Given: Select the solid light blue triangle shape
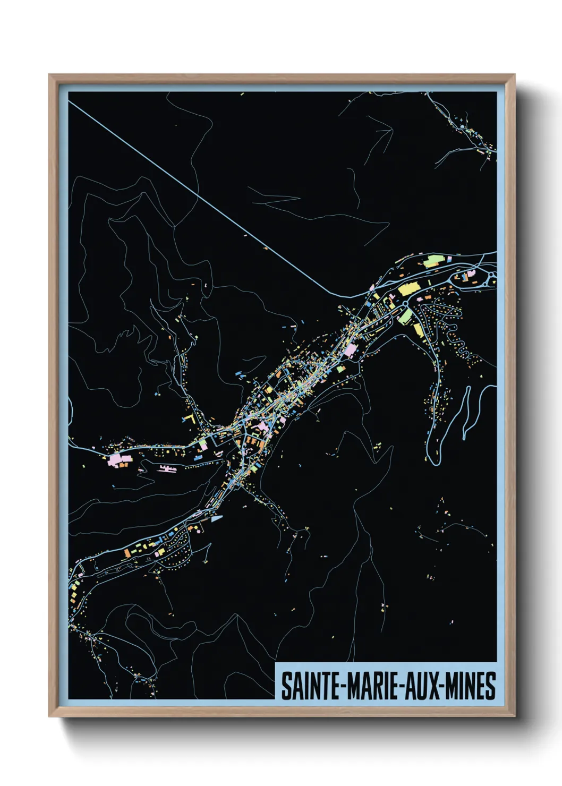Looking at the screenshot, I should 216,519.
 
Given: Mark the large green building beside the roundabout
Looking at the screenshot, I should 405,316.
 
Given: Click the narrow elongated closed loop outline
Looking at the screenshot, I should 466,412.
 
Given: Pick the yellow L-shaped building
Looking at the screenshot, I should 188,419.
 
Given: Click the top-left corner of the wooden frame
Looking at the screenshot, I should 49,75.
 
